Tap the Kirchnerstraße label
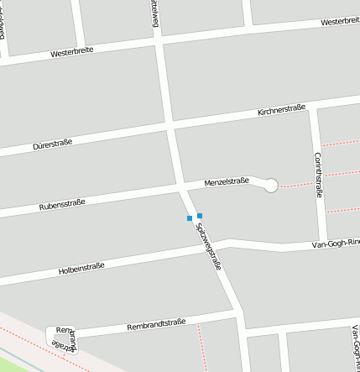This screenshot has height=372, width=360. point(281,109)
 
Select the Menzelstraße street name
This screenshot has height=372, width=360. point(227,181)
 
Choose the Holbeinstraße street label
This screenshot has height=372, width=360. point(81,269)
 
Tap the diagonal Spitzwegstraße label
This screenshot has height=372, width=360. point(207,244)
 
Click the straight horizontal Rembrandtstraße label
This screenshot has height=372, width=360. point(155,324)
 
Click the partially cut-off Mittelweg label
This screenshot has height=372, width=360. point(154,13)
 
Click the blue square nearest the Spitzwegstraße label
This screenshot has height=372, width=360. point(200,216)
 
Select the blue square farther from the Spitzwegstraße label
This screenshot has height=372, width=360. point(190,218)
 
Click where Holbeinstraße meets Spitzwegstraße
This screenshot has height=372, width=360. point(206,250)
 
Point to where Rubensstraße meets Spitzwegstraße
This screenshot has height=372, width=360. point(182,189)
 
